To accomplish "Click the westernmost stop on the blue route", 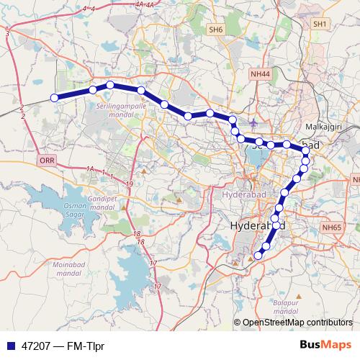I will coord(54,98).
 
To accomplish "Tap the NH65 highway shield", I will coord(331,228).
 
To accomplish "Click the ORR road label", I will coord(48,161).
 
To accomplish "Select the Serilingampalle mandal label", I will coord(121,109).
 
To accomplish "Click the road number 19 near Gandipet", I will coord(129,185).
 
